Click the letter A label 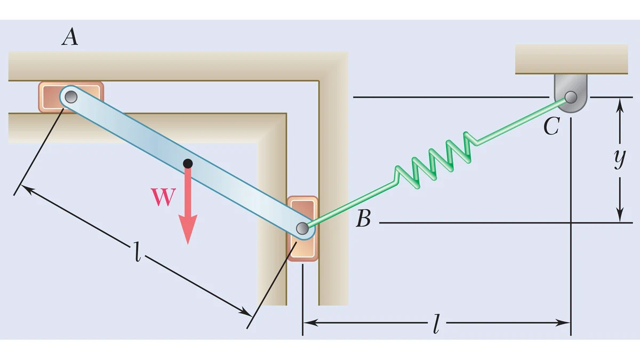[x=70, y=37]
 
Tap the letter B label [x=363, y=218]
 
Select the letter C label [x=551, y=126]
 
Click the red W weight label [x=163, y=197]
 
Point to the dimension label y [x=620, y=158]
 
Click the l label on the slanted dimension [x=138, y=252]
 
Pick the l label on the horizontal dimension [x=436, y=324]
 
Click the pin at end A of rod [x=71, y=97]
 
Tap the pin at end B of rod [x=302, y=228]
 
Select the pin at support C [x=571, y=97]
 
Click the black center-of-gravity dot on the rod [x=188, y=164]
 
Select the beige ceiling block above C [x=571, y=59]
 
